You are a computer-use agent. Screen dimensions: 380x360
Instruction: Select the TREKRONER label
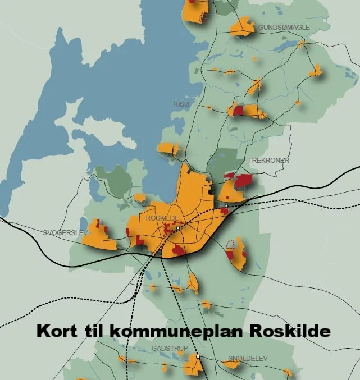tap(268, 161)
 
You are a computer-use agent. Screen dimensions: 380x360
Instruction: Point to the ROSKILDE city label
tap(162, 218)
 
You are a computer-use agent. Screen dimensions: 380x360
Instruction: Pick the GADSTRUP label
tap(170, 349)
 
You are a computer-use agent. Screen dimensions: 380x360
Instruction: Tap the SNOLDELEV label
tap(248, 358)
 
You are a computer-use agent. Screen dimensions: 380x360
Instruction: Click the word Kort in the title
tap(58, 331)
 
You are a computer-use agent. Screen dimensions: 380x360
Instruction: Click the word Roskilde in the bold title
tap(286, 331)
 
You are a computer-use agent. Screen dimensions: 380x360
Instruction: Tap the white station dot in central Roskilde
tap(178, 228)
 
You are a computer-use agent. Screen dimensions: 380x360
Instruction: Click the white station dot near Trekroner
tap(226, 206)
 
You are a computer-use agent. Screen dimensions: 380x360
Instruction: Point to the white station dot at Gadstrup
tap(198, 356)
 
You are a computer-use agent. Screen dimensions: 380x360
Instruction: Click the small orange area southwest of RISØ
tap(168, 149)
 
